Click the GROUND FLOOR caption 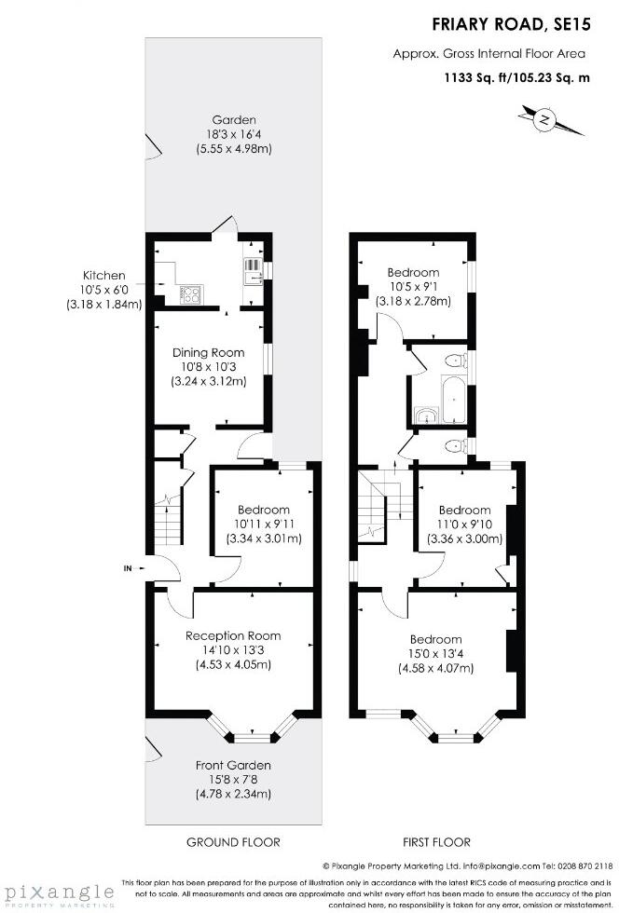pyautogui.click(x=233, y=842)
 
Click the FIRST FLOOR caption pyautogui.click(x=436, y=842)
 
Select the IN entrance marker pyautogui.click(x=128, y=567)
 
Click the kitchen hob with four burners pyautogui.click(x=190, y=294)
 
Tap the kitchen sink pyautogui.click(x=254, y=271)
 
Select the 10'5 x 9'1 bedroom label pyautogui.click(x=413, y=287)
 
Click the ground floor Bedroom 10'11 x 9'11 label pyautogui.click(x=263, y=525)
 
